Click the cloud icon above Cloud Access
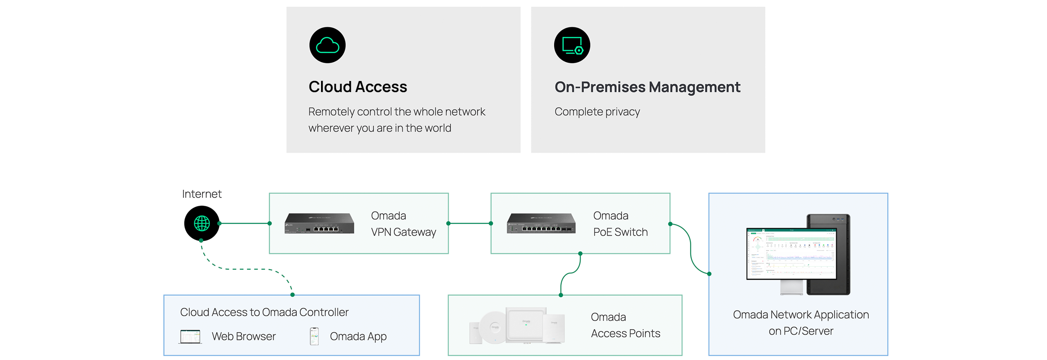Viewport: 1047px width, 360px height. [x=327, y=45]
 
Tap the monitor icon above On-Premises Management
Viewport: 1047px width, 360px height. [x=572, y=45]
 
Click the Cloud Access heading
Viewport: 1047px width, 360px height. [x=357, y=87]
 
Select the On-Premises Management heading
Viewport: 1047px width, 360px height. [x=647, y=87]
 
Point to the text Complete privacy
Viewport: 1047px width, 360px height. [x=597, y=112]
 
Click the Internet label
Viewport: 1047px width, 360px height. [x=202, y=194]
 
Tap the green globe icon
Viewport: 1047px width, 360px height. [x=202, y=223]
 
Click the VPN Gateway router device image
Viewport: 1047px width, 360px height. [x=319, y=223]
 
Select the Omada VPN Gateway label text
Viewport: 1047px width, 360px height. [x=403, y=224]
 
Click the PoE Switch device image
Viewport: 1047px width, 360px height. [x=541, y=223]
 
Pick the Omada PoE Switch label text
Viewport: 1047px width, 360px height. [x=620, y=224]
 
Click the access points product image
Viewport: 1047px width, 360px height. [x=517, y=326]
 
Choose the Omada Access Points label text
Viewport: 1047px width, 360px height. [x=625, y=325]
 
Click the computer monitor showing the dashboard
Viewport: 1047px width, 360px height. [x=791, y=254]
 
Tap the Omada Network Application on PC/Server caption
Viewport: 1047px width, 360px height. [x=800, y=323]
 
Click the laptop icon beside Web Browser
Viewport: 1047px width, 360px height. [x=190, y=337]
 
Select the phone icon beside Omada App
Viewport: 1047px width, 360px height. [x=314, y=336]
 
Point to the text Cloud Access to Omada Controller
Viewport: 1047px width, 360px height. [x=264, y=312]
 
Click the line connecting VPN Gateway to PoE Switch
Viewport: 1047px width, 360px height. [x=470, y=223]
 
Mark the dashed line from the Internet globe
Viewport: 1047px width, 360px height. [x=245, y=269]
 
